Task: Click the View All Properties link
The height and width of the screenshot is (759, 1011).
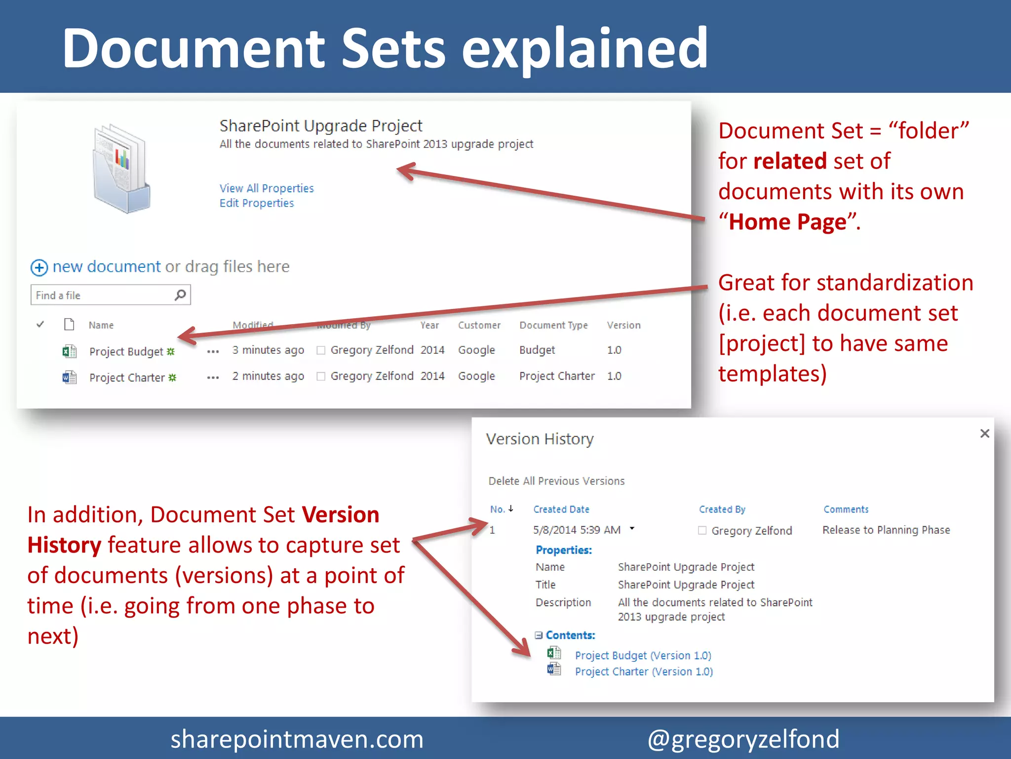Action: [x=267, y=188]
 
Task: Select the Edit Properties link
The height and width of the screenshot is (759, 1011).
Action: [x=257, y=203]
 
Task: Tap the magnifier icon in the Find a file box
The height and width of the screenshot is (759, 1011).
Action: [x=180, y=295]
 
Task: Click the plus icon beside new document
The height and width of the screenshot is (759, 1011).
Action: [x=39, y=267]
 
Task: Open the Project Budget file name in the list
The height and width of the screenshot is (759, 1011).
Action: [x=126, y=351]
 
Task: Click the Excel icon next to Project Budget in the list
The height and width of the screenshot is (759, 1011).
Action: [x=69, y=351]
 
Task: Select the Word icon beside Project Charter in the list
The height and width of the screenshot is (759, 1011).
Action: [x=69, y=378]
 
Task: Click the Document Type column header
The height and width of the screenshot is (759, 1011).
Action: [x=553, y=325]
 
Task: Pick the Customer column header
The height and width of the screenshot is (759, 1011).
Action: [x=479, y=325]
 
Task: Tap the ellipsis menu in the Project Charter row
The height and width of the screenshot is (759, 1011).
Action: [x=213, y=378]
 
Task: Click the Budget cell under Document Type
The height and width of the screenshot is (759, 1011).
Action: [x=537, y=350]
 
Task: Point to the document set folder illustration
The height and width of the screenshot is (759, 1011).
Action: [x=121, y=169]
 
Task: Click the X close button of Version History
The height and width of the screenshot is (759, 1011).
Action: [x=985, y=433]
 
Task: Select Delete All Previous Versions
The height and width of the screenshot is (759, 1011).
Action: [x=556, y=481]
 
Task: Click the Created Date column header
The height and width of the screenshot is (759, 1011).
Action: [x=561, y=509]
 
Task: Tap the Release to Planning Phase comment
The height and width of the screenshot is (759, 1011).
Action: [x=886, y=530]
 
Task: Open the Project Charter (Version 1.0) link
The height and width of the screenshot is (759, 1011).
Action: [x=644, y=672]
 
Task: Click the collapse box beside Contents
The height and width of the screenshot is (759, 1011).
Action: [x=539, y=635]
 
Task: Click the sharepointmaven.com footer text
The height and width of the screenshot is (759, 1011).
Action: [x=297, y=739]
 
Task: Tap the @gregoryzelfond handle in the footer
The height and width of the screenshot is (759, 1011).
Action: [x=743, y=739]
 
